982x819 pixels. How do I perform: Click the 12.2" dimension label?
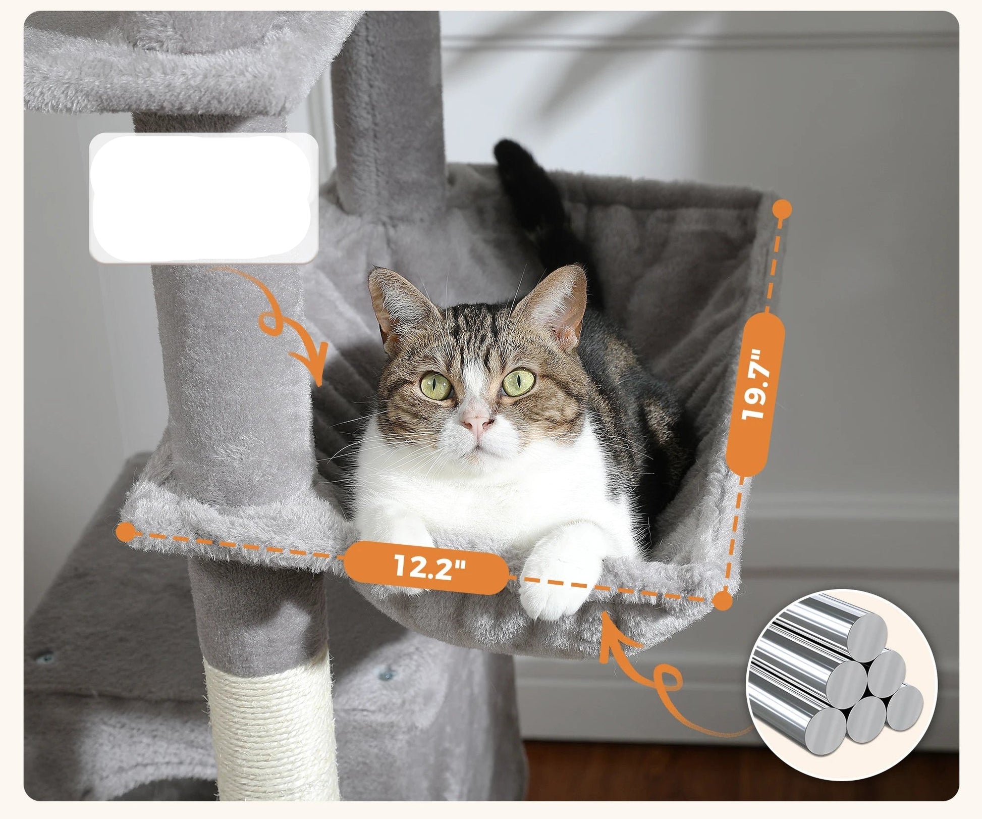coord(426,566)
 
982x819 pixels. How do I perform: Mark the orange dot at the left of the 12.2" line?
coord(126,531)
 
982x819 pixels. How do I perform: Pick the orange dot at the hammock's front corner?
coord(723,601)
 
